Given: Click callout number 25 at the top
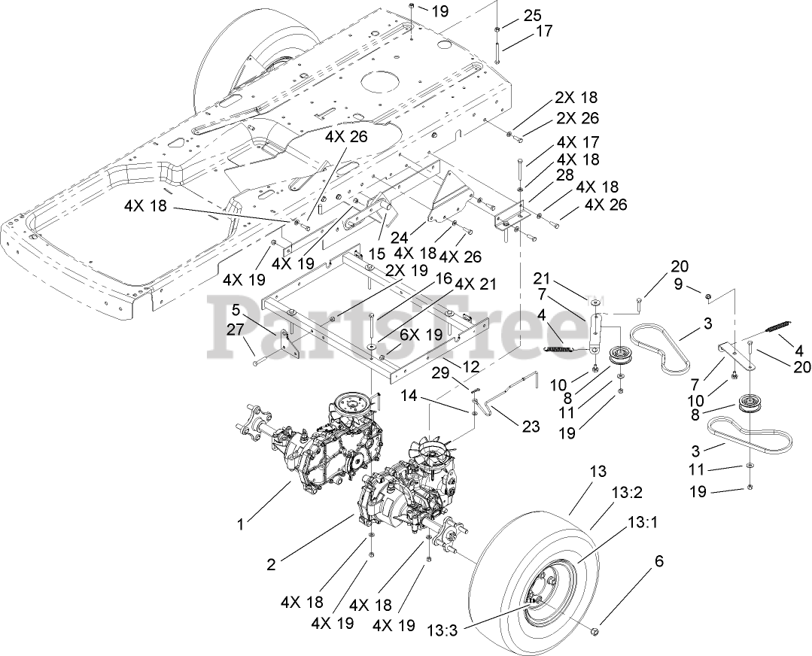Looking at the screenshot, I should tap(532, 15).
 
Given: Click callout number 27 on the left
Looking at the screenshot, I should tap(236, 328).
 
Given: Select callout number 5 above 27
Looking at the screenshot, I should tap(236, 308).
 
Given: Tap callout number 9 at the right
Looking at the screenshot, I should tap(679, 285).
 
